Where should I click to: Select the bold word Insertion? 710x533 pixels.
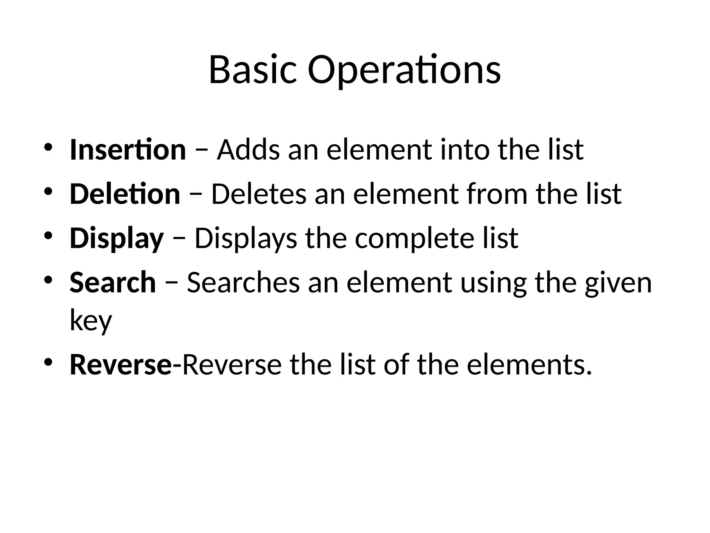tap(128, 150)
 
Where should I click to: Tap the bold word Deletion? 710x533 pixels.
tap(125, 194)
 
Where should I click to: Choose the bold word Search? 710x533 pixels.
tap(113, 282)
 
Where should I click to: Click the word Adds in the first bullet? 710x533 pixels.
tap(248, 150)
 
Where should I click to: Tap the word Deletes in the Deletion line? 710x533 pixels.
tap(259, 194)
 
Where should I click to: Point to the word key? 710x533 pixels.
tap(91, 321)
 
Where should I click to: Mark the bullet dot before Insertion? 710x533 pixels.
tap(48, 146)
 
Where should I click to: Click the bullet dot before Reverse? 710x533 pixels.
tap(48, 362)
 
